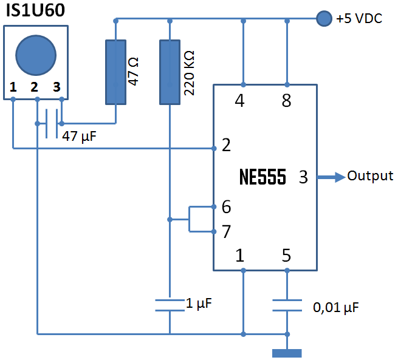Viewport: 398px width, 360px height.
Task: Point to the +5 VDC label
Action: point(359,19)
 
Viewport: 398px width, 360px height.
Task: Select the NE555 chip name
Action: point(262,177)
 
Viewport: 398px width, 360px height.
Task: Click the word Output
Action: point(370,176)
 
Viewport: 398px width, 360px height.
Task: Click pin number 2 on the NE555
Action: point(226,146)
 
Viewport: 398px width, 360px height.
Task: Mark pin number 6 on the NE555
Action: point(226,207)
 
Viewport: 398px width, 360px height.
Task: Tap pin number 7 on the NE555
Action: point(226,231)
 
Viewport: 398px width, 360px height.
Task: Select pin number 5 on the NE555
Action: point(286,256)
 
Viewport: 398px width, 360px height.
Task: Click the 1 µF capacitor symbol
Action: point(170,305)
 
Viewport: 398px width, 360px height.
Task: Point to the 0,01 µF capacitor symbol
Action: point(286,305)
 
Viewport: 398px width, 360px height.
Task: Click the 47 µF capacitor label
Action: point(79,136)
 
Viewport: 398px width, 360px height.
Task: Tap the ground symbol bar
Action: point(286,353)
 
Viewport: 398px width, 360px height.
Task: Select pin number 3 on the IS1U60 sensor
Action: point(57,87)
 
